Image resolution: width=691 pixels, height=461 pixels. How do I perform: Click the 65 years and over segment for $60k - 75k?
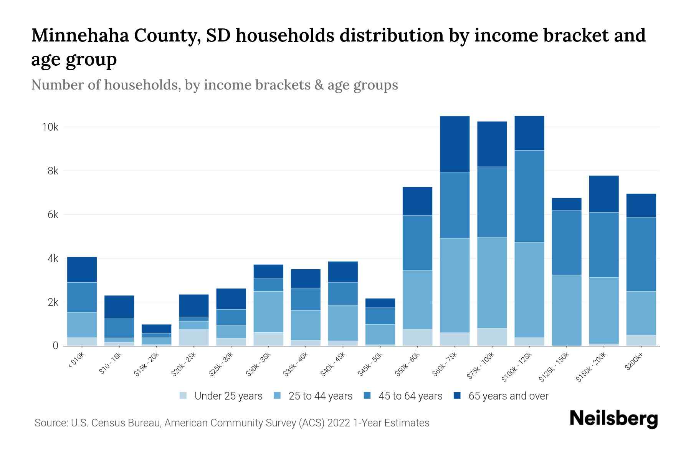coord(455,144)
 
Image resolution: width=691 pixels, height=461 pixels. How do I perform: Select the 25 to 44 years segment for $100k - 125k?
coord(529,290)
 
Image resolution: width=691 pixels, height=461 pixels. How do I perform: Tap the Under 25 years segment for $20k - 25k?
coord(194,337)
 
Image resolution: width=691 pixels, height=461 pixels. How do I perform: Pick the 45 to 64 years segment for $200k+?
coord(641,254)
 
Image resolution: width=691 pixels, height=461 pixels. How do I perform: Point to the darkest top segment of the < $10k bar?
coord(82,269)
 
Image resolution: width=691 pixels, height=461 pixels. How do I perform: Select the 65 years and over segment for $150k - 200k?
coord(604,194)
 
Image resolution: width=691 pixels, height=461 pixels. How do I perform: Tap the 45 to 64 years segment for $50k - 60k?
coord(417,242)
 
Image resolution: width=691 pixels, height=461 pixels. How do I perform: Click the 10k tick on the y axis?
coord(50,127)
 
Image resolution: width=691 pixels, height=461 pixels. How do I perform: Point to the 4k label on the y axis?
coord(53,259)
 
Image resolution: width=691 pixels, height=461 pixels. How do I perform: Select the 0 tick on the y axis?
coord(55,346)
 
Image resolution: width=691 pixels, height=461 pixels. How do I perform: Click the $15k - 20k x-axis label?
coord(146,364)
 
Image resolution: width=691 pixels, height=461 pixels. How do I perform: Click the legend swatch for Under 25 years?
coord(183,396)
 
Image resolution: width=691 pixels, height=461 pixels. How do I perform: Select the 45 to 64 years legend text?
coord(410,396)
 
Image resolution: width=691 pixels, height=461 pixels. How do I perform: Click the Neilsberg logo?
coord(613,418)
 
